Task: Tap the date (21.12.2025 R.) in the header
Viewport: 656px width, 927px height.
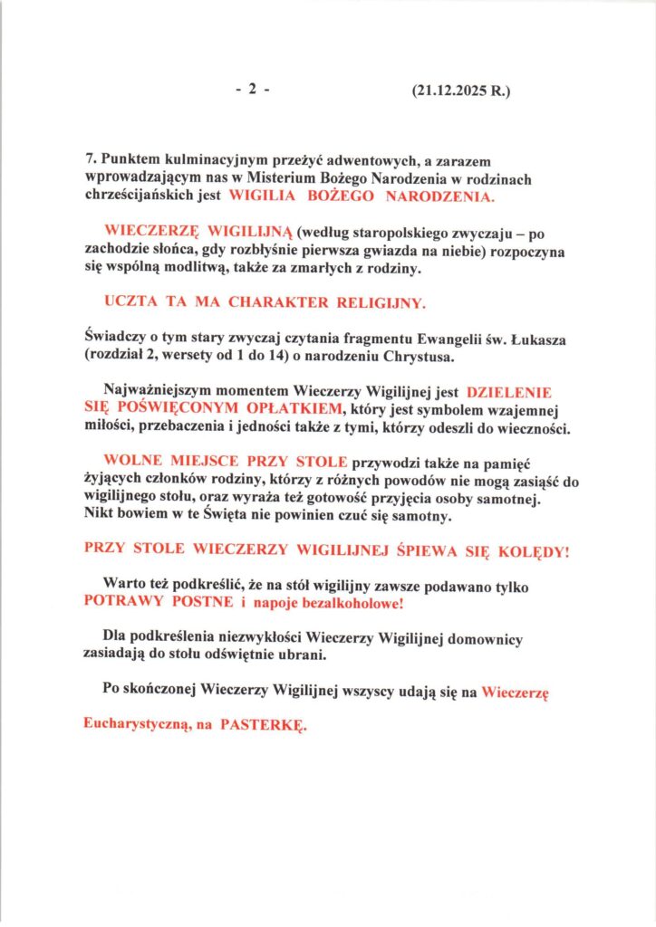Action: point(460,91)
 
